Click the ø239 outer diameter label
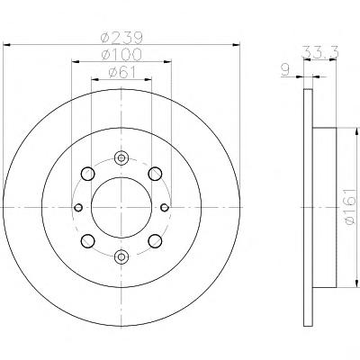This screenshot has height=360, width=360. tap(121, 38)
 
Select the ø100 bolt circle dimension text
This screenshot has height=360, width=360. tap(121, 55)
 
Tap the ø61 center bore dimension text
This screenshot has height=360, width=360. tap(121, 72)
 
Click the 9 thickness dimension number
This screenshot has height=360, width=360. tap(285, 70)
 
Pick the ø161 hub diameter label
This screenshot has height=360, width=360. tap(351, 207)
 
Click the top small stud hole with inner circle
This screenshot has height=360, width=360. tap(121, 157)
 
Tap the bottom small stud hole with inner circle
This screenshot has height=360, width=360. tap(121, 256)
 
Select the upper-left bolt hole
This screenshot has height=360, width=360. tap(88, 174)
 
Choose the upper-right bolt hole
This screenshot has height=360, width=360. tap(155, 174)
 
